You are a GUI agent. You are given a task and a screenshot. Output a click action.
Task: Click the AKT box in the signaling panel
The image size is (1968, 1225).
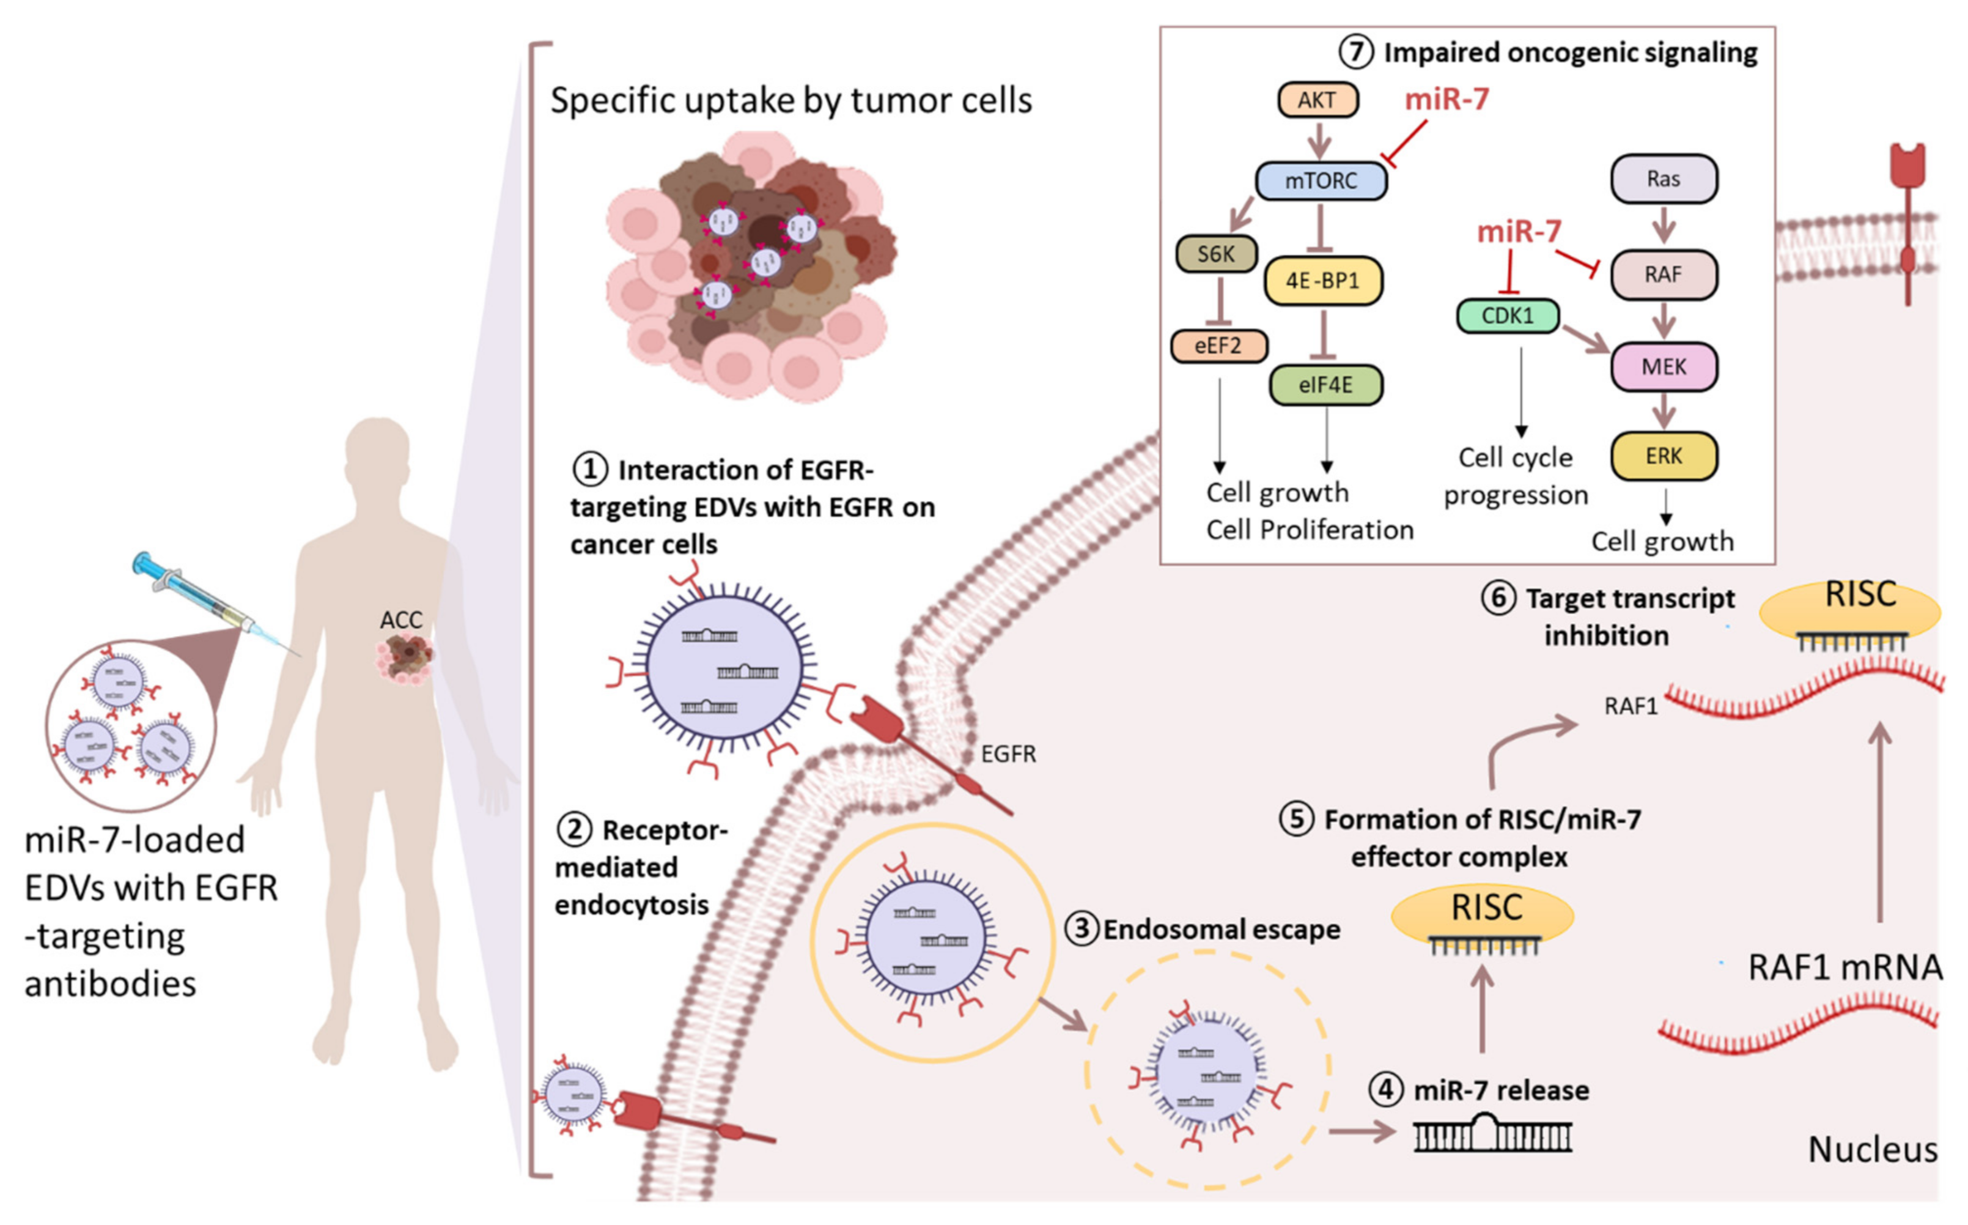tap(1318, 100)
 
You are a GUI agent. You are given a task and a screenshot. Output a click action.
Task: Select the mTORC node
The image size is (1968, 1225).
tap(1321, 180)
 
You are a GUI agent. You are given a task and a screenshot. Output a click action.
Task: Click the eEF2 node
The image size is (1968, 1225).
tap(1218, 346)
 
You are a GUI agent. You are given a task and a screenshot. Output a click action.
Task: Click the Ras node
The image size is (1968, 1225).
tap(1664, 179)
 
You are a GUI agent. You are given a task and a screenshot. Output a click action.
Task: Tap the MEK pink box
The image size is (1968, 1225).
tap(1664, 367)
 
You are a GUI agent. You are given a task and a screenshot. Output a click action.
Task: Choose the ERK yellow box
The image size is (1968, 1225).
tap(1664, 456)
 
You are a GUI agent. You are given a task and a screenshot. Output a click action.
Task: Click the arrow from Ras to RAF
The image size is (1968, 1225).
tap(1664, 224)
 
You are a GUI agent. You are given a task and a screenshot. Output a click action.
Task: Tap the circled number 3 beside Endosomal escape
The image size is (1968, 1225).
tap(1081, 928)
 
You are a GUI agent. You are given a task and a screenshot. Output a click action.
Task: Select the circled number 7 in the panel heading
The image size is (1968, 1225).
tap(1356, 52)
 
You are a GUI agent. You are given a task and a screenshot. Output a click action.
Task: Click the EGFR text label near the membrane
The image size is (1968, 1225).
tap(1008, 754)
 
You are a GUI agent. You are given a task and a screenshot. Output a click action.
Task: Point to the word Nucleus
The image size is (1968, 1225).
tap(1873, 1150)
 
